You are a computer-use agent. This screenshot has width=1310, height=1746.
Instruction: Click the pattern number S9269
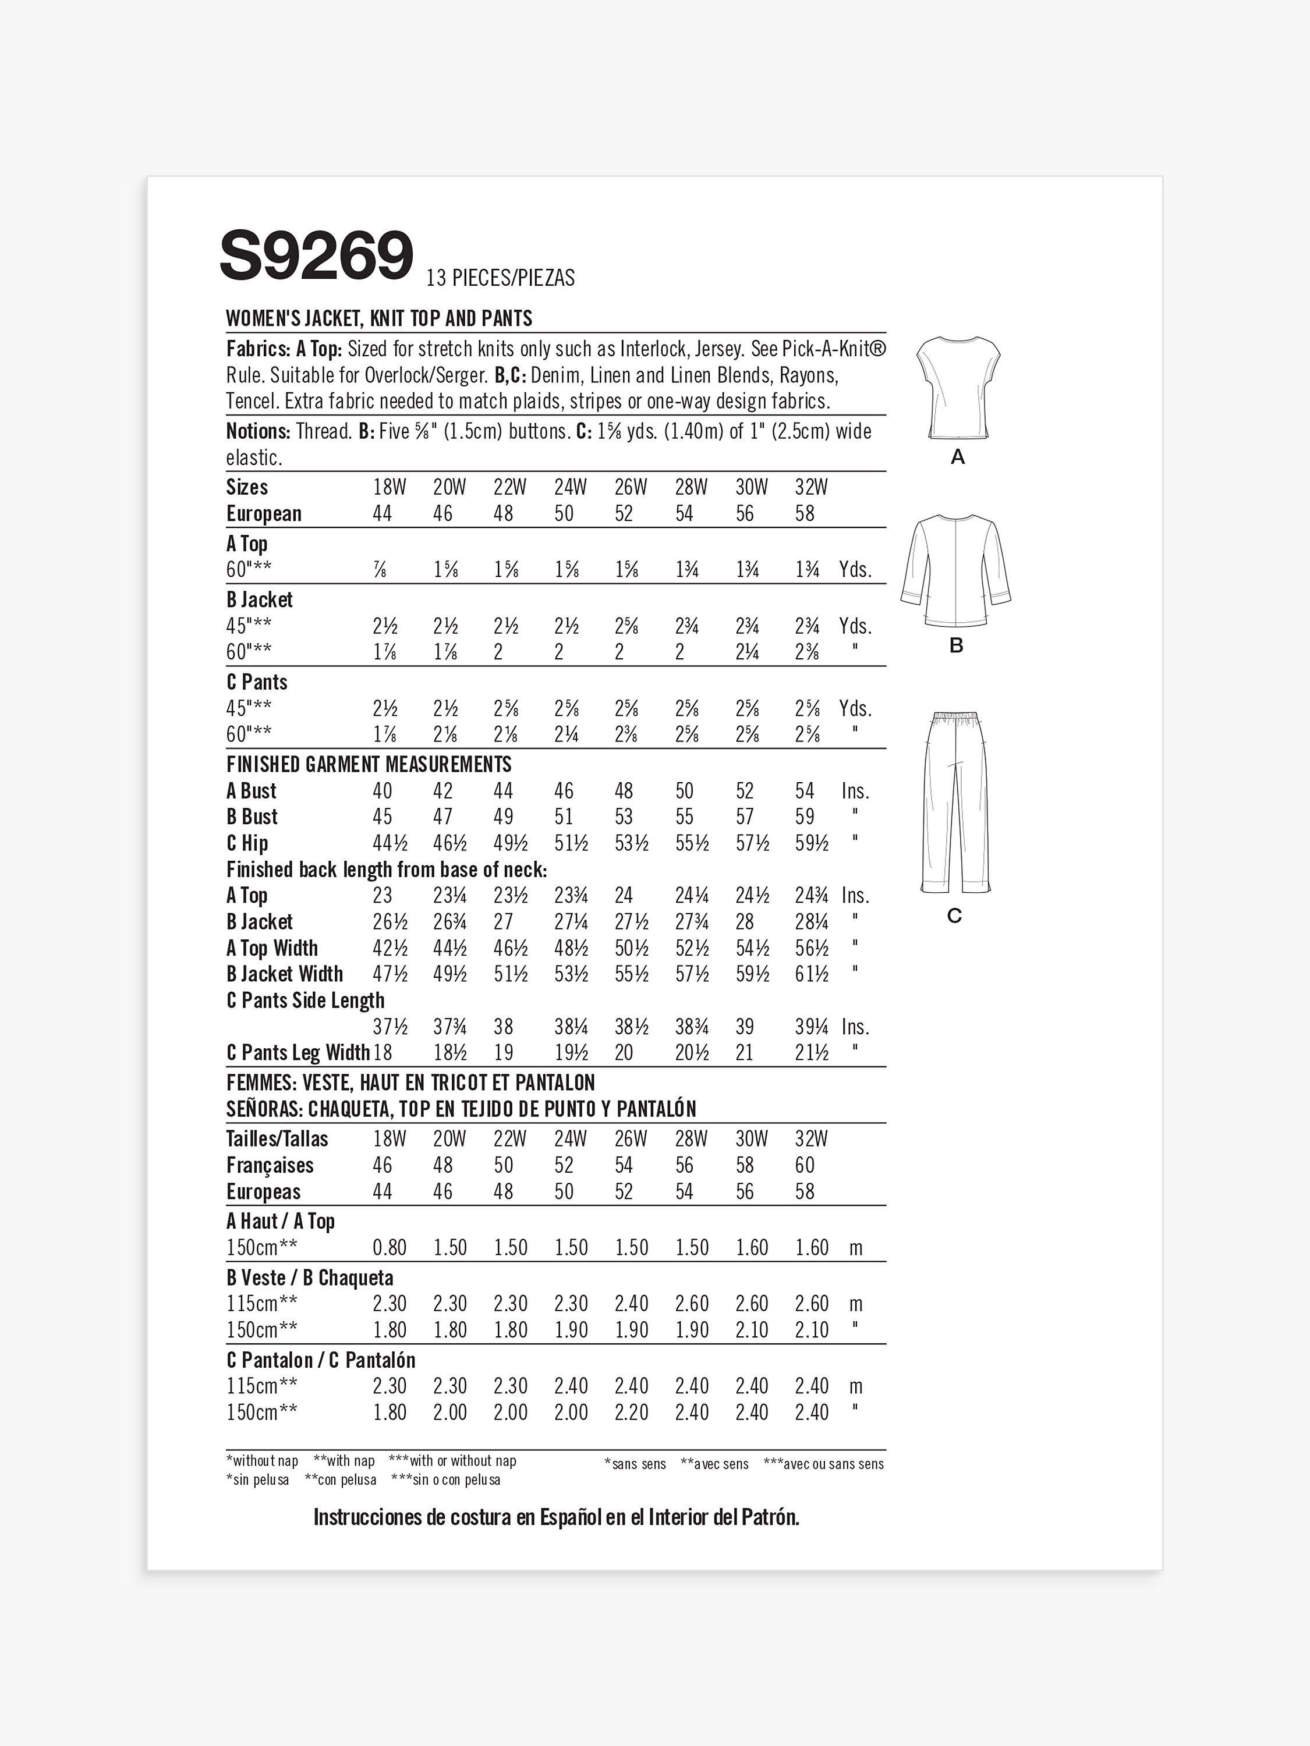[317, 255]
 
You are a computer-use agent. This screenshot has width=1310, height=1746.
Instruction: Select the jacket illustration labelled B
[956, 571]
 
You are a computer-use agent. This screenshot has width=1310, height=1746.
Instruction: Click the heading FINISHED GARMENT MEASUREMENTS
[369, 764]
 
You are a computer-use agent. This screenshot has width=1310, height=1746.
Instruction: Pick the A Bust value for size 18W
[382, 791]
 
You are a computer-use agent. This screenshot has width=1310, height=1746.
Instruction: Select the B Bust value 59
[805, 817]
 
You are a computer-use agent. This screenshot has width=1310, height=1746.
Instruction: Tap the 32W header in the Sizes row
[811, 487]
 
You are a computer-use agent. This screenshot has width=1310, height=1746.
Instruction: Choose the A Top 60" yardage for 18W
[380, 570]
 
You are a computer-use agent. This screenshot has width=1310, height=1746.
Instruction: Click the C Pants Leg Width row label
[298, 1052]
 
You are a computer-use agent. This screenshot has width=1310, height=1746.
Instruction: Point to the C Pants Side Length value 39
[745, 1027]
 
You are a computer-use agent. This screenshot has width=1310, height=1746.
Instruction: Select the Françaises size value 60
[805, 1165]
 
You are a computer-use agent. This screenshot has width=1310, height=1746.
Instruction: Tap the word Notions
[257, 432]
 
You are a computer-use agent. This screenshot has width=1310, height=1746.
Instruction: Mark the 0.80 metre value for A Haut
[390, 1247]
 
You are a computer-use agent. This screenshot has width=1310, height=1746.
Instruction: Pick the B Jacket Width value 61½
[812, 974]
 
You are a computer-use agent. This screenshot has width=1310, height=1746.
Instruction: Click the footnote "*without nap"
[262, 1461]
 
